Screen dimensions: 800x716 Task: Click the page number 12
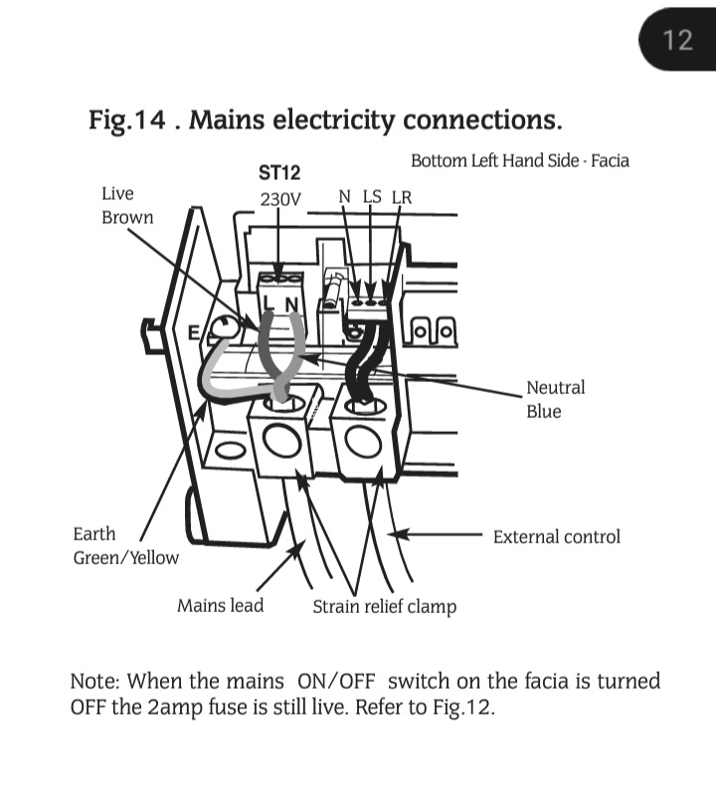point(677,40)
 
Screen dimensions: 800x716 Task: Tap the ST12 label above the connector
point(279,174)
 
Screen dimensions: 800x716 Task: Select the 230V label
point(279,199)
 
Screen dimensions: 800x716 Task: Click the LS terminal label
point(371,196)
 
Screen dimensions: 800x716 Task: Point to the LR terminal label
point(401,196)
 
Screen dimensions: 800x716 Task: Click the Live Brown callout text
point(127,205)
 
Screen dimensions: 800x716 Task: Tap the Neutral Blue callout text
point(555,399)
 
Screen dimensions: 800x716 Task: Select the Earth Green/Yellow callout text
point(125,546)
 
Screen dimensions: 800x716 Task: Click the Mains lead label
point(220,605)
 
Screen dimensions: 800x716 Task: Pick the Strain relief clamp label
point(384,606)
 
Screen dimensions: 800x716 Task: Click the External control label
point(556,536)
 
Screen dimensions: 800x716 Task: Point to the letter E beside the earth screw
point(196,332)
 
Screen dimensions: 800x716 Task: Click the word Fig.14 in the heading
point(123,121)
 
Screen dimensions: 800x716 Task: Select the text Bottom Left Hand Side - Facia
point(519,160)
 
